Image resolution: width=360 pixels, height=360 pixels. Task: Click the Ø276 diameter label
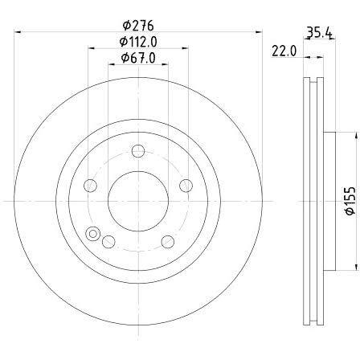click(138, 26)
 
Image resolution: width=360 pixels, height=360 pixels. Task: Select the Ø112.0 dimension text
click(138, 42)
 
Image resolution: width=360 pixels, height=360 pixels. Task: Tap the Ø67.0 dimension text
click(138, 58)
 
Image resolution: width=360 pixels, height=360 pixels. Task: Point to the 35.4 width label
click(319, 33)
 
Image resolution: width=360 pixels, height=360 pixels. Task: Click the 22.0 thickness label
click(284, 51)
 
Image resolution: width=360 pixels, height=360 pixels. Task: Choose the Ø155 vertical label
click(350, 201)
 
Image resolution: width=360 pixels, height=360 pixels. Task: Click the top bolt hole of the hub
click(138, 151)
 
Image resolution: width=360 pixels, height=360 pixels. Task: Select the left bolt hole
click(90, 186)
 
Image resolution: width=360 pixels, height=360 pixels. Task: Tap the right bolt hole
click(186, 186)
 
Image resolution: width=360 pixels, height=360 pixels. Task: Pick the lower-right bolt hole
click(168, 242)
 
